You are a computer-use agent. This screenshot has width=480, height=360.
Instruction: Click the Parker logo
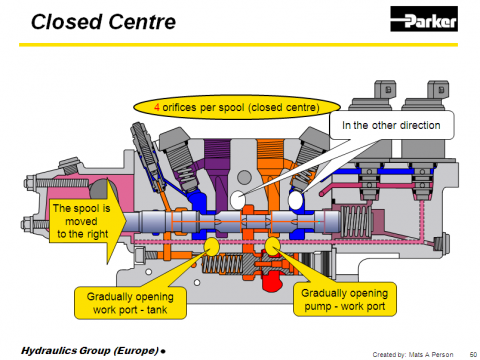[424, 19]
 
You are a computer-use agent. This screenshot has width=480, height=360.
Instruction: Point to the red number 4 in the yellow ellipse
[157, 107]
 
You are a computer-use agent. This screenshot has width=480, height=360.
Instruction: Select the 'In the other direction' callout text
[391, 125]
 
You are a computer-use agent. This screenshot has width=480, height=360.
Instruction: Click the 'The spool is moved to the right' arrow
[88, 221]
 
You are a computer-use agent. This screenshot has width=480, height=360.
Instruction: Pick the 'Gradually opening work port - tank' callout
[130, 303]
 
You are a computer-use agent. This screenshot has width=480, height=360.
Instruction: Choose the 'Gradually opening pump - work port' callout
[345, 299]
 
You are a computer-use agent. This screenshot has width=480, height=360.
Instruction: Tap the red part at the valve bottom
[274, 280]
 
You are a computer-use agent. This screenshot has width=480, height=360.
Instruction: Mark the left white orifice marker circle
[238, 200]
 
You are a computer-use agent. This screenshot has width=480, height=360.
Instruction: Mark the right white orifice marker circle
[295, 200]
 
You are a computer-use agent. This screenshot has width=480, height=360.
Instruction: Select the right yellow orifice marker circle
[273, 246]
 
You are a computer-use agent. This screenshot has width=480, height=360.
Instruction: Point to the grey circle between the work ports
[244, 177]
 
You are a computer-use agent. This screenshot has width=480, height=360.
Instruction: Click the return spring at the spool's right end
[357, 221]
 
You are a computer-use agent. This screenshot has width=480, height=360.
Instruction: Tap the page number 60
[473, 354]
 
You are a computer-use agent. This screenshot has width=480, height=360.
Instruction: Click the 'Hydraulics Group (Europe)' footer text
[90, 351]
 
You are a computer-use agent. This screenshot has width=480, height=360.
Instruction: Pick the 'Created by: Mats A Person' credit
[413, 354]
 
